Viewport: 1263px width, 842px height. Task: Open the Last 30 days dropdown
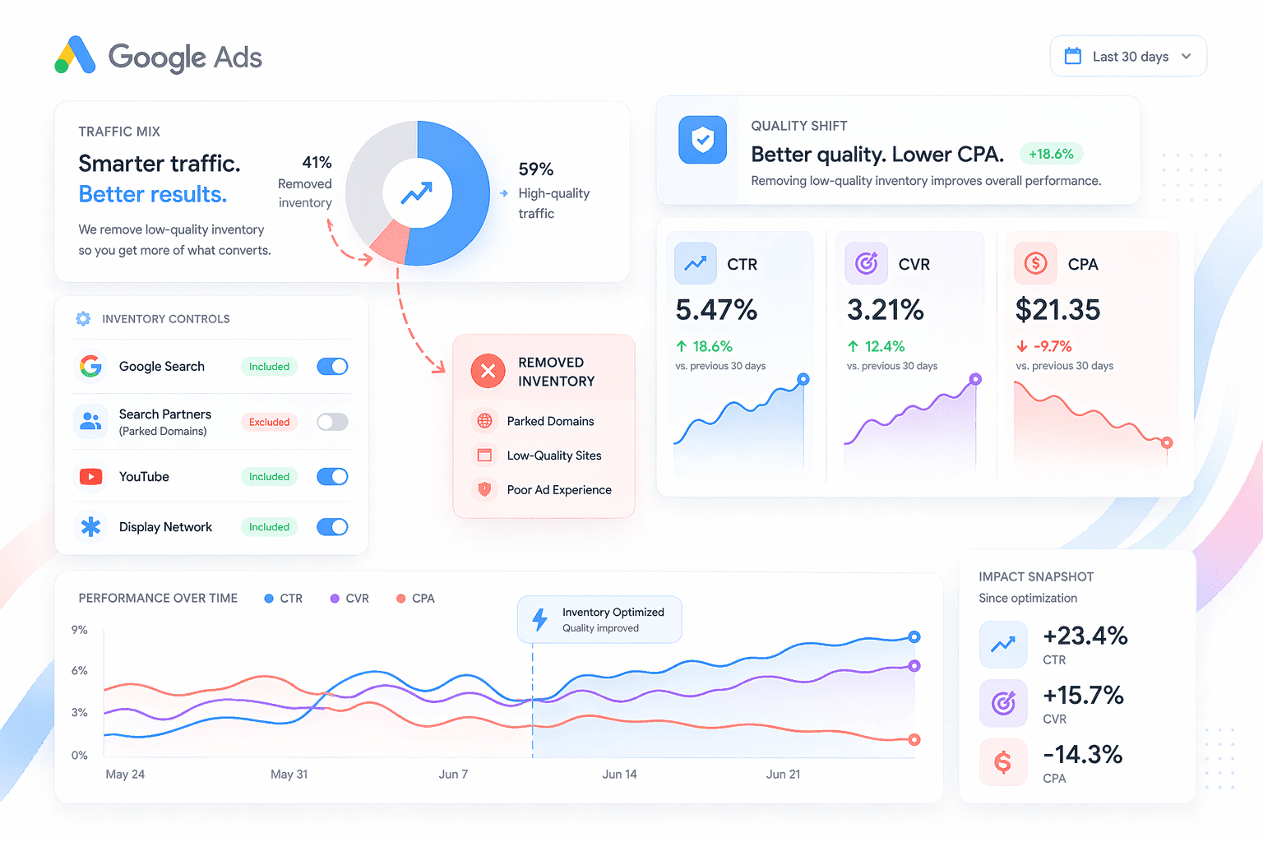1128,56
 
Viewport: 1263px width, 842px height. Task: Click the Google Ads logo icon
75,55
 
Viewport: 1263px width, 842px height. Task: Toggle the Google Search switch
332,367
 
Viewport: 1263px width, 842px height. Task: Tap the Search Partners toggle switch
332,422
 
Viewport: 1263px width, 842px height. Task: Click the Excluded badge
269,422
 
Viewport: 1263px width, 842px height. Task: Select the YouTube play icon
90,476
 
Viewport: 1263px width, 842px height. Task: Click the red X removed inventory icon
488,371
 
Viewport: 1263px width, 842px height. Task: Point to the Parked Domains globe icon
484,421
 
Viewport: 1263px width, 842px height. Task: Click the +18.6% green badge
1051,154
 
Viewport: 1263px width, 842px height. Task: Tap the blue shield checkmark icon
702,140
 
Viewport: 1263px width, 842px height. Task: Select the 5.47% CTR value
716,310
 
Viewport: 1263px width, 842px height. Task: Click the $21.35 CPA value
1057,310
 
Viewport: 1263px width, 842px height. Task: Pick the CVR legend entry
349,599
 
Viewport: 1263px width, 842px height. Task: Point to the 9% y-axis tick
80,630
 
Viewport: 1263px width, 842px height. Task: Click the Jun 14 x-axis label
619,774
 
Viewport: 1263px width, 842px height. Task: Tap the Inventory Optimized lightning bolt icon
539,619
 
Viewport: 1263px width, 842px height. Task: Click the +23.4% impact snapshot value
1085,636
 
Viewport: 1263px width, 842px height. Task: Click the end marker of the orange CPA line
914,740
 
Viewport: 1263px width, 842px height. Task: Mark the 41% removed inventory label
317,163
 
